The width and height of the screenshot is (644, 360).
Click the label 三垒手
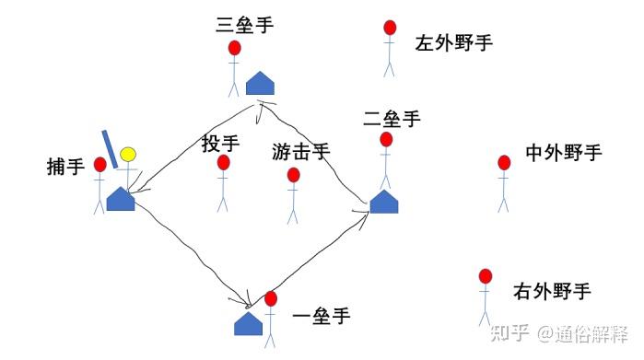click(x=244, y=25)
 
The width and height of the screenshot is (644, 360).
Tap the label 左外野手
click(x=453, y=42)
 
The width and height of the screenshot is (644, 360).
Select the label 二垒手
click(x=392, y=119)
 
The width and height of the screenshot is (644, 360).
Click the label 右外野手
click(x=551, y=293)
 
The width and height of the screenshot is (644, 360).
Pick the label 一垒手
click(x=321, y=317)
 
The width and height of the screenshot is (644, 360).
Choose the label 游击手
click(x=300, y=150)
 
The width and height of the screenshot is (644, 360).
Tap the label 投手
click(x=220, y=144)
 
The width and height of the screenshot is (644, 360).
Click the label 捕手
click(x=65, y=168)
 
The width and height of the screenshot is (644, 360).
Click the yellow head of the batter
click(x=127, y=154)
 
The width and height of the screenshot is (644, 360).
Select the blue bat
click(x=110, y=149)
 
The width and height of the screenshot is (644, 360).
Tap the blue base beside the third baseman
click(x=261, y=84)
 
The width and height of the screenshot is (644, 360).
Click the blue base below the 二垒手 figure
click(x=384, y=202)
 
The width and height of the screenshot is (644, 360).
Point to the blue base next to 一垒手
click(x=249, y=323)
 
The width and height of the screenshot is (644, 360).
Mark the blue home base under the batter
click(x=121, y=198)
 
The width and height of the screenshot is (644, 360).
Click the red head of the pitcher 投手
click(x=223, y=163)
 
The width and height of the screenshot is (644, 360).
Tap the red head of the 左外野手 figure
click(x=390, y=29)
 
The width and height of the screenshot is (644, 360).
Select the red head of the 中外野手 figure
click(x=504, y=163)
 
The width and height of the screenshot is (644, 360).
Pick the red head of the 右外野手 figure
click(x=486, y=276)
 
